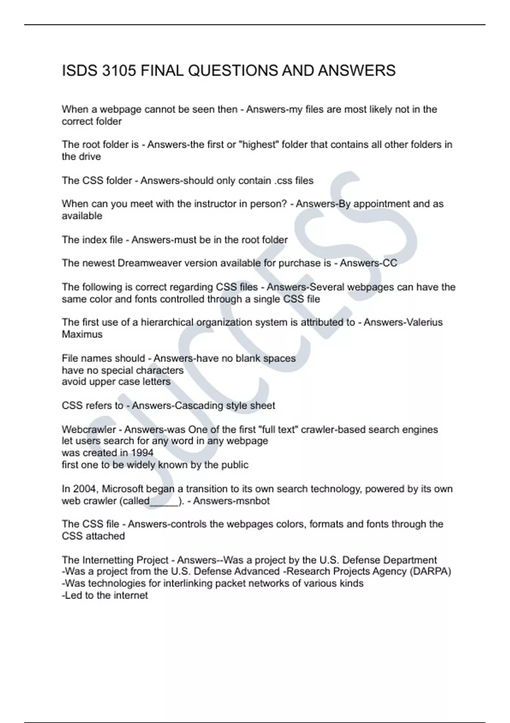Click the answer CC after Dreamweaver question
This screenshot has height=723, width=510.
click(390, 263)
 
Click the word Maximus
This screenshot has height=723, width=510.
click(82, 334)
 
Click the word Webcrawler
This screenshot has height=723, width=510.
click(88, 430)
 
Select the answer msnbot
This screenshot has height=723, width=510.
click(253, 501)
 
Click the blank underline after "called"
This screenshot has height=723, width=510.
click(164, 502)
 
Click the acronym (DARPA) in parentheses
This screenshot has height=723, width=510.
click(430, 572)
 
